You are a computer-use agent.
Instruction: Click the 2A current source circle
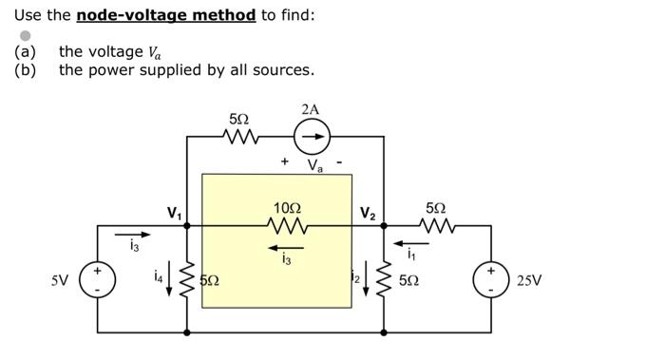click(310, 139)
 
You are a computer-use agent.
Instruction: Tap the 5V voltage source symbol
click(96, 280)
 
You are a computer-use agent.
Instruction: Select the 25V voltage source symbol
click(491, 280)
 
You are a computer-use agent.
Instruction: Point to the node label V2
click(368, 214)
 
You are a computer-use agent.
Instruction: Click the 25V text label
click(530, 281)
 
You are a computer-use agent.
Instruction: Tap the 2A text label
click(310, 110)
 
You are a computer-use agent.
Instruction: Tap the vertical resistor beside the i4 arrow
click(187, 279)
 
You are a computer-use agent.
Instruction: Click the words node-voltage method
click(165, 15)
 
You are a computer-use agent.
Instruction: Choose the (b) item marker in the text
click(25, 70)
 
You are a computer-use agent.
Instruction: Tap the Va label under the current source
click(313, 166)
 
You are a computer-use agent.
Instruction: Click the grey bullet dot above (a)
click(26, 35)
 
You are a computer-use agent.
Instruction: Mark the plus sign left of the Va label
click(284, 162)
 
